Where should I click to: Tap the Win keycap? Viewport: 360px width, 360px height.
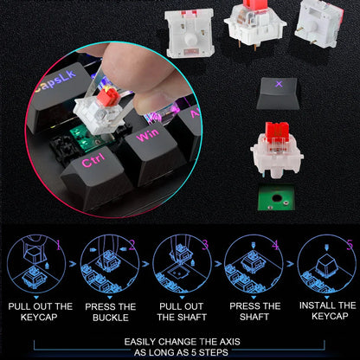pyautogui.click(x=154, y=150)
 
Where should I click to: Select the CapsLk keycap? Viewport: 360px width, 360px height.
pyautogui.click(x=59, y=93)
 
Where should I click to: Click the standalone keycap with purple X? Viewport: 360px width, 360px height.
pyautogui.click(x=278, y=93)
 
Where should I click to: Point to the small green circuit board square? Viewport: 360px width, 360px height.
pyautogui.click(x=276, y=197)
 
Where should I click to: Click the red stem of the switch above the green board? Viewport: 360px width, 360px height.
pyautogui.click(x=277, y=132)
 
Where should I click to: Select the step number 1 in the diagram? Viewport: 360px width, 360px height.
pyautogui.click(x=59, y=245)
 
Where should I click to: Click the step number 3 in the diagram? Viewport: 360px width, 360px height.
pyautogui.click(x=205, y=245)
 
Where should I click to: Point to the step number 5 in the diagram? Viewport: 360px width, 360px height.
pyautogui.click(x=350, y=245)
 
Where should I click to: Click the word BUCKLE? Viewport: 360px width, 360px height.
pyautogui.click(x=111, y=318)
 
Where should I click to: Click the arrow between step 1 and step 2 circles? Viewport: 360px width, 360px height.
pyautogui.click(x=73, y=264)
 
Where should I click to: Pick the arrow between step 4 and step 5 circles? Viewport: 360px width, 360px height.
pyautogui.click(x=290, y=264)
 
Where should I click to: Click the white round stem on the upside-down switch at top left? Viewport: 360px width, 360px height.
pyautogui.click(x=190, y=38)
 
